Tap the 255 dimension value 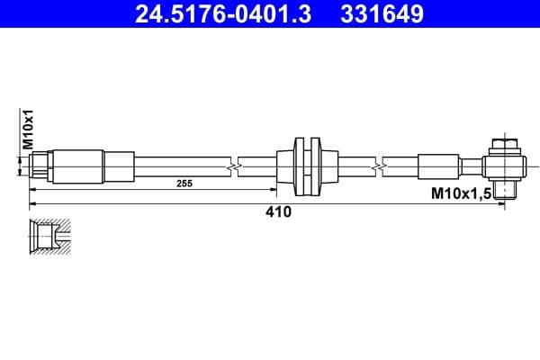click(x=184, y=183)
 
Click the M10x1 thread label click(x=28, y=130)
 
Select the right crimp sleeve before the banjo click(x=439, y=166)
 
